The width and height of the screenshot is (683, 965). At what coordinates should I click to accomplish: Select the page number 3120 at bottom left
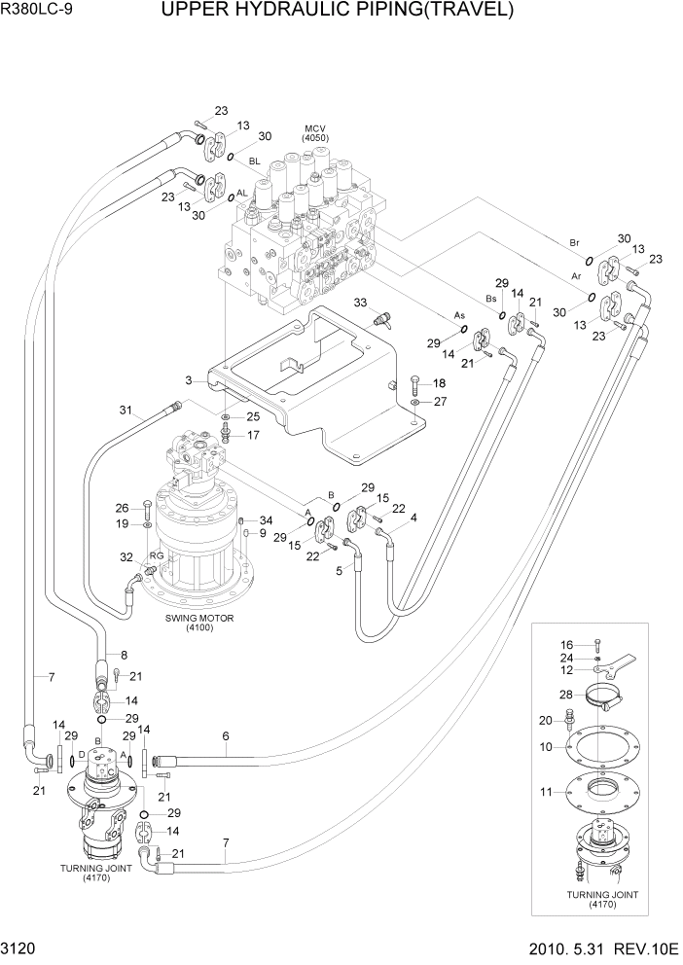coord(20,947)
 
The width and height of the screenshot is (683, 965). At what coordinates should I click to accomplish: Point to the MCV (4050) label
coord(316,134)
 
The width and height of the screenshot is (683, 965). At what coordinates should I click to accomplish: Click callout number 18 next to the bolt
coord(438,383)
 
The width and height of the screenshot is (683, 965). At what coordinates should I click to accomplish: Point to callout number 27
coord(440,401)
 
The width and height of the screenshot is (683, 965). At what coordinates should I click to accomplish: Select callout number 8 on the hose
coord(123,654)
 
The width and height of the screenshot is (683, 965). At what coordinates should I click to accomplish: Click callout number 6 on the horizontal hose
coord(225,736)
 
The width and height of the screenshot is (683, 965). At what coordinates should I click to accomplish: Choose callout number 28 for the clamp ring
coord(565,694)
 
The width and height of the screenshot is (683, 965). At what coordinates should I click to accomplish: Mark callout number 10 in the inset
coord(547,746)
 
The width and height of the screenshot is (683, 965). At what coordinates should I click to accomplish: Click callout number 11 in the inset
coord(547,791)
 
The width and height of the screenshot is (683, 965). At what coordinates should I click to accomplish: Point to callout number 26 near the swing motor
coord(123,507)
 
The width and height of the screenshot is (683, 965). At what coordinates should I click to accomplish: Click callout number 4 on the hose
coord(413,518)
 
